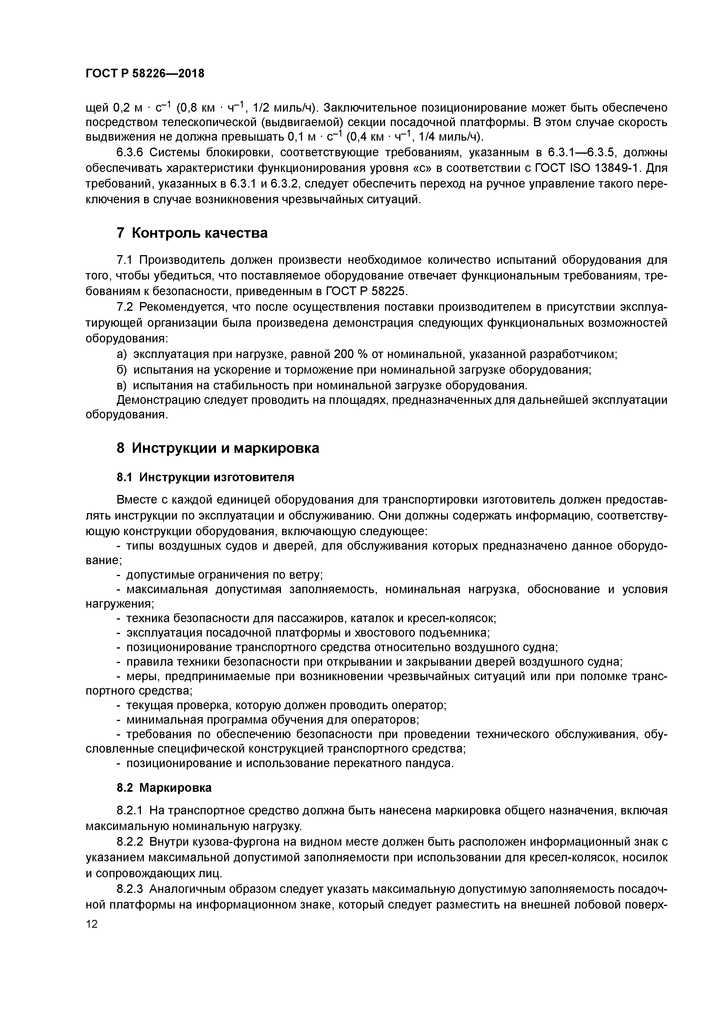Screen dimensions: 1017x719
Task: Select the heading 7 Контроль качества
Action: pyautogui.click(x=192, y=233)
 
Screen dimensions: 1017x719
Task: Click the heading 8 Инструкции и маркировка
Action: pyautogui.click(x=217, y=448)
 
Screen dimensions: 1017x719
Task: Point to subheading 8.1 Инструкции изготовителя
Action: pyautogui.click(x=205, y=477)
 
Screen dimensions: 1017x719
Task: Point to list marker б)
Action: pyautogui.click(x=121, y=370)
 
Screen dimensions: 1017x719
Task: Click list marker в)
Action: pyautogui.click(x=121, y=385)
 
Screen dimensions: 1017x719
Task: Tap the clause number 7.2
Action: pyautogui.click(x=126, y=307)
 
